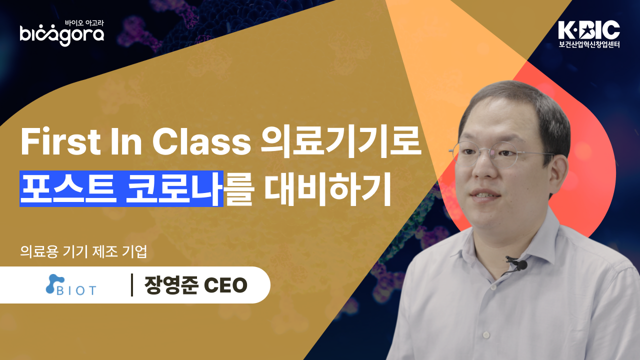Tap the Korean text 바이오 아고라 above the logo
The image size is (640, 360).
pyautogui.click(x=84, y=22)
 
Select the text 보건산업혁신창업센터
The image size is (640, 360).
pyautogui.click(x=589, y=44)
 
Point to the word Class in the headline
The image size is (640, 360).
pyautogui.click(x=201, y=142)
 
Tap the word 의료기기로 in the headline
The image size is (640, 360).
pyautogui.click(x=341, y=142)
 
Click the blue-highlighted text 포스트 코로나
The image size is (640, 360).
pyautogui.click(x=121, y=188)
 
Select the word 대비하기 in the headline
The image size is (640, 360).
pyautogui.click(x=327, y=188)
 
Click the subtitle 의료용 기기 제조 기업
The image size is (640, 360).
pyautogui.click(x=83, y=251)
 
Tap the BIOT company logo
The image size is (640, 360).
pyautogui.click(x=71, y=285)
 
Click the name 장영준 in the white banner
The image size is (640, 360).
pyautogui.click(x=171, y=285)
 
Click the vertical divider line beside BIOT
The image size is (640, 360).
pyautogui.click(x=131, y=285)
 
